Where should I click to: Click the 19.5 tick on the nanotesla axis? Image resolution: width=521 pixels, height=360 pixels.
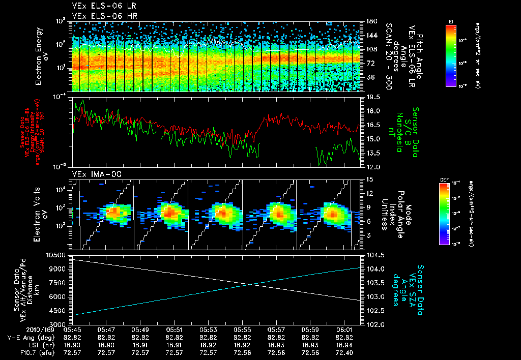pos(373,97)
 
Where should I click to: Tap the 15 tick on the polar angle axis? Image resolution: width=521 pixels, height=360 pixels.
pos(369,179)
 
